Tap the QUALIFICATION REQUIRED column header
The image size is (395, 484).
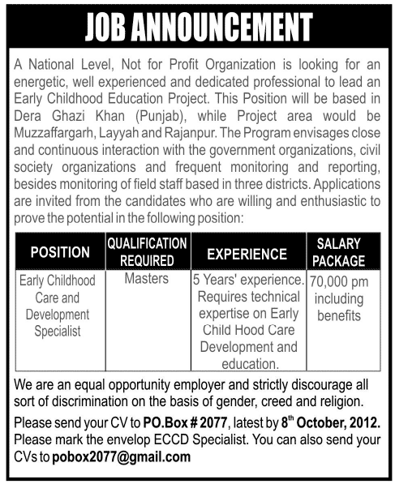[x=148, y=253]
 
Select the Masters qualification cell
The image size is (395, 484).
[x=147, y=280]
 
